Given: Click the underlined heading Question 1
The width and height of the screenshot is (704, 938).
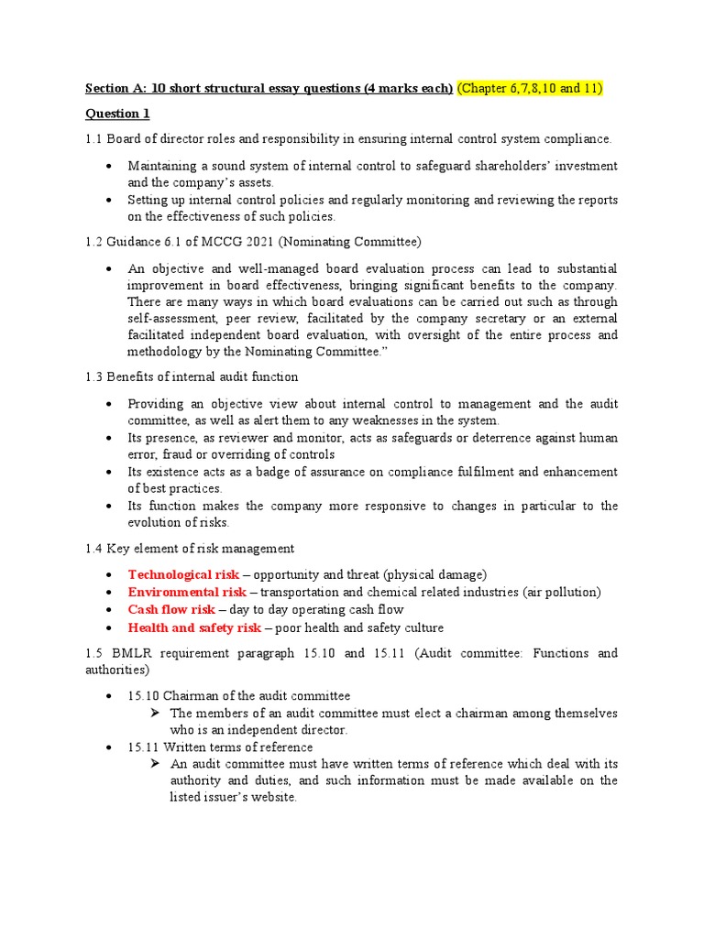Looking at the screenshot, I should point(116,114).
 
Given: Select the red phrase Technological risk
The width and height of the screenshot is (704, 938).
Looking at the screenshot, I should point(183,574).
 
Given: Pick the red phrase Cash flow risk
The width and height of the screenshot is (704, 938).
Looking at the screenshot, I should point(171,609).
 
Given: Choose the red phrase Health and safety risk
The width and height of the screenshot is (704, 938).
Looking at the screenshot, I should point(194,627).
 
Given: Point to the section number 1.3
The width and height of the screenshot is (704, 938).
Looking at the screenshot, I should point(94,376).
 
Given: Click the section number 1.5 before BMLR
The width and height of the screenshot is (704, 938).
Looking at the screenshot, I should point(94,653).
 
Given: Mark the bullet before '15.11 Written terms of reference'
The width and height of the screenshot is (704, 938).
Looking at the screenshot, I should point(110,748).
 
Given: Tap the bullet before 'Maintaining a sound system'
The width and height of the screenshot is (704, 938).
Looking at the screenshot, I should point(110,166).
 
